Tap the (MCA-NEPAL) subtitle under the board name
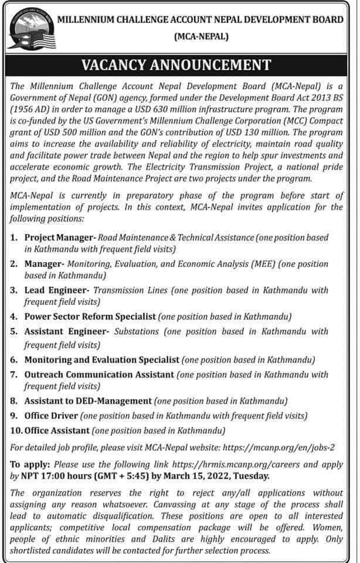(202, 36)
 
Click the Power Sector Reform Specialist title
(90, 316)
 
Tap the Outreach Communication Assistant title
(99, 374)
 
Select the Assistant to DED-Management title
(88, 402)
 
